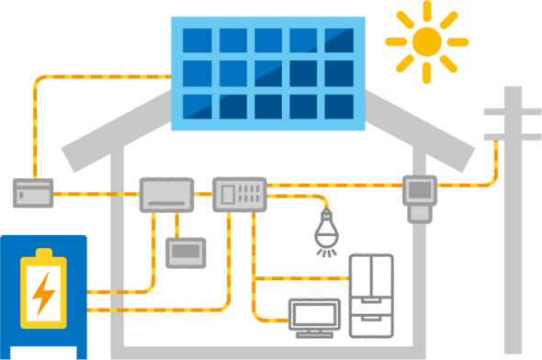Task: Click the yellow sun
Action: point(426,40)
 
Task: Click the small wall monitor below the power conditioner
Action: point(185,252)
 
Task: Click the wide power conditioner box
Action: point(166,195)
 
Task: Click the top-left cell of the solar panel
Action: point(196,41)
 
